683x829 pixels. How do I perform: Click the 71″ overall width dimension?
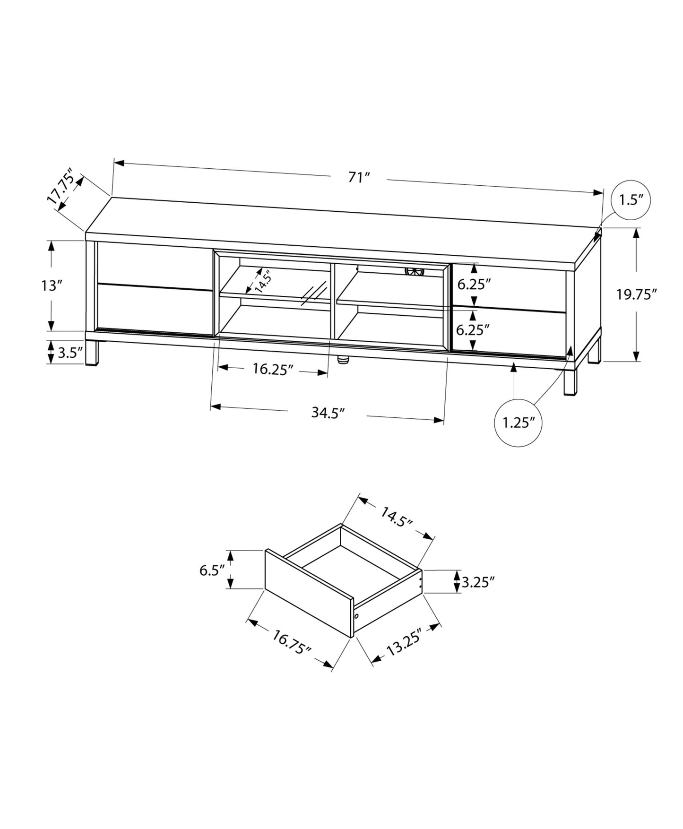[x=358, y=178]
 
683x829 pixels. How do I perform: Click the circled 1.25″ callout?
[x=518, y=422]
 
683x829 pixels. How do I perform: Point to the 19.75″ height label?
[x=636, y=294]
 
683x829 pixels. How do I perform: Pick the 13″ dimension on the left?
[x=52, y=286]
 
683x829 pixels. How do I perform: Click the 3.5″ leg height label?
[x=70, y=353]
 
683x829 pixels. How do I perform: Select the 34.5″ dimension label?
[x=327, y=413]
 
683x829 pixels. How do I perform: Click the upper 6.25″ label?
[x=474, y=284]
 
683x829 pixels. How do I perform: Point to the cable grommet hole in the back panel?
[x=415, y=272]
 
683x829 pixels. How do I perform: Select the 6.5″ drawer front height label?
[x=211, y=570]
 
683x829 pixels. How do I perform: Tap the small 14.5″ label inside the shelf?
[x=263, y=282]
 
